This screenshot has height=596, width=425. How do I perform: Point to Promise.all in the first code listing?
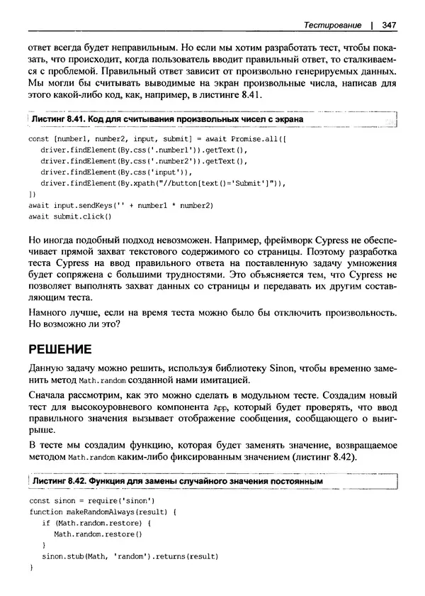point(246,140)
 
